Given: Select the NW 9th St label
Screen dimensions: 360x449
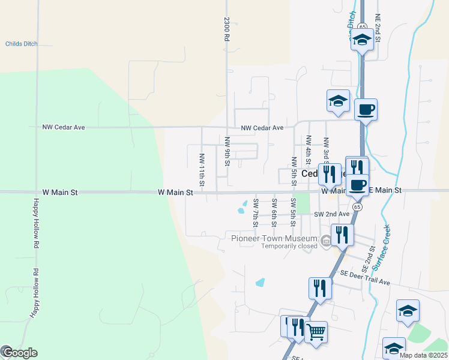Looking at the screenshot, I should (228, 151).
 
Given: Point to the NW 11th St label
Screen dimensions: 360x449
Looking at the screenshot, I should (202, 169).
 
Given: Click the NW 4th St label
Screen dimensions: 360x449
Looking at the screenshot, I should (309, 150).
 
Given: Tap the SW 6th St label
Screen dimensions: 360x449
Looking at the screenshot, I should (274, 212).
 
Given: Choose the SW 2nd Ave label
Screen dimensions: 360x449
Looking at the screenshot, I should (331, 214).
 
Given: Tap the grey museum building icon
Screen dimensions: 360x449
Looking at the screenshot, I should (326, 242).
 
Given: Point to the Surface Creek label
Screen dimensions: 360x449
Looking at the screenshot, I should (381, 247).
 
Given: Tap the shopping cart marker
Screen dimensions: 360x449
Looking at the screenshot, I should (316, 331).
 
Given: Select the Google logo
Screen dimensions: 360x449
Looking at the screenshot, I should (19, 353).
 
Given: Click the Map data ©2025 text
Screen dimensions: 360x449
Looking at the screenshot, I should (424, 355).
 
